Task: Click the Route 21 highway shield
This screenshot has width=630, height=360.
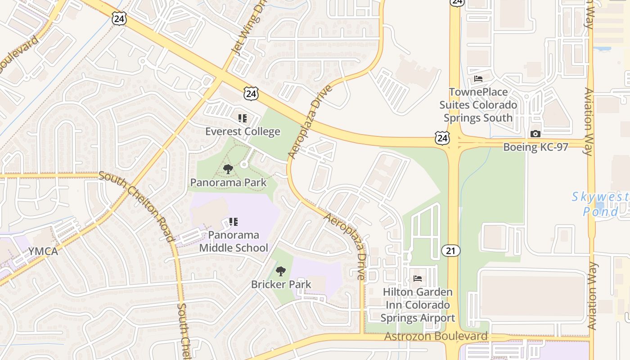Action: click(450, 251)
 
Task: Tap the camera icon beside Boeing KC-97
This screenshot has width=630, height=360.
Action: click(535, 134)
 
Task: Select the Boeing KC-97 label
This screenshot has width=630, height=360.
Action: click(535, 147)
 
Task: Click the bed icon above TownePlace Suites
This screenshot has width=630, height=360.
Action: click(478, 79)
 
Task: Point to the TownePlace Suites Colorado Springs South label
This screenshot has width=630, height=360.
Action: click(478, 105)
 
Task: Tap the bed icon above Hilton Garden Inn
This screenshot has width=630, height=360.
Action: click(418, 279)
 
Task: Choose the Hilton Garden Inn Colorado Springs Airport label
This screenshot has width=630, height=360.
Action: click(418, 305)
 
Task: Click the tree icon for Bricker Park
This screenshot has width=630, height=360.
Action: click(281, 271)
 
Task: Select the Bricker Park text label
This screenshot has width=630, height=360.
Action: click(281, 284)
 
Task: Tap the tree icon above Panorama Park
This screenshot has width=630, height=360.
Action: click(228, 169)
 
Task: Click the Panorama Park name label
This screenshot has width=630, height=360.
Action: click(228, 182)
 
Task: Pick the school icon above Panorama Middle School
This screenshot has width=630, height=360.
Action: click(233, 221)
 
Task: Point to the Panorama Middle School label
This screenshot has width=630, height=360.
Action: click(234, 241)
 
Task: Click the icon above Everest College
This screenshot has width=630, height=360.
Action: click(243, 118)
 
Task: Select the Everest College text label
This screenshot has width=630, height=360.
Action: click(243, 131)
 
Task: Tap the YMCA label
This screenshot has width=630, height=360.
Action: click(43, 251)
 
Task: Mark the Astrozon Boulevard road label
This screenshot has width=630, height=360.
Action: click(436, 336)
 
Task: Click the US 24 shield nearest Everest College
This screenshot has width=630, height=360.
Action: click(251, 94)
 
